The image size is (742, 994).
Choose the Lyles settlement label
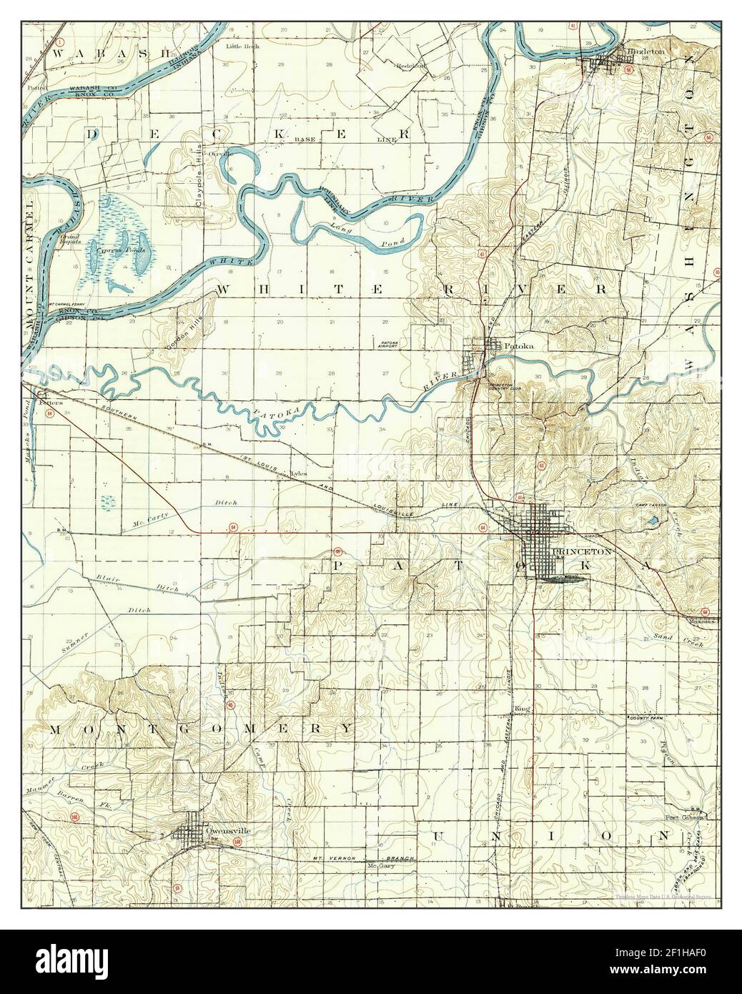pyautogui.click(x=299, y=473)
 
